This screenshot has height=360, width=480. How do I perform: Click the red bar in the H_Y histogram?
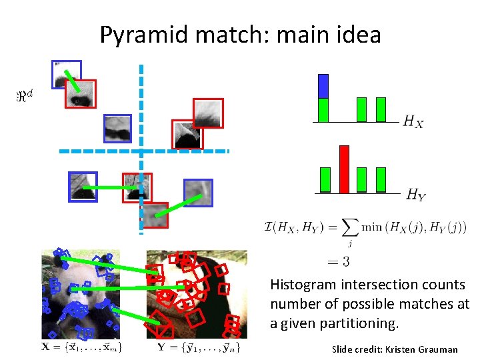click(x=344, y=169)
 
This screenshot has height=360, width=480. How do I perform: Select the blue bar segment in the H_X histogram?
click(x=323, y=86)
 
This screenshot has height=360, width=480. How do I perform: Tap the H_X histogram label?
click(x=413, y=122)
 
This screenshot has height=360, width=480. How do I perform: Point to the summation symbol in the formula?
click(x=348, y=227)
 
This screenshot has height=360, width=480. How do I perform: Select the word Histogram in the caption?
click(x=303, y=285)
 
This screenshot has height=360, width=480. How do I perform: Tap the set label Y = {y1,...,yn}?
click(x=197, y=347)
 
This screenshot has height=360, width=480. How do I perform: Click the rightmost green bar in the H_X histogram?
click(x=381, y=109)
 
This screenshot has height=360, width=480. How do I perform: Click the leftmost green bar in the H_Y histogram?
click(x=325, y=179)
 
